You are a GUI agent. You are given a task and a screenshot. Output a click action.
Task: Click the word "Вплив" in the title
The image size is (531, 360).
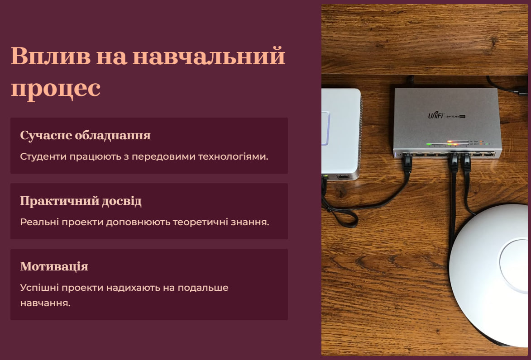(51, 56)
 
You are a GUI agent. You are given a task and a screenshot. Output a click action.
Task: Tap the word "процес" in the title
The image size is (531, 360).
(56, 89)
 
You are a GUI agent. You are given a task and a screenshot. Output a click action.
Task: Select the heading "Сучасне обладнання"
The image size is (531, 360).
(86, 135)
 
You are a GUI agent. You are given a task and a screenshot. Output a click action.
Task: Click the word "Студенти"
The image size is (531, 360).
(43, 156)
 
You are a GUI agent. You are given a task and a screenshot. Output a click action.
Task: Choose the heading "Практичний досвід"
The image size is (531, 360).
(81, 201)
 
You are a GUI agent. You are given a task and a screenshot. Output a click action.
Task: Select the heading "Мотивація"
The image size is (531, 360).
(54, 267)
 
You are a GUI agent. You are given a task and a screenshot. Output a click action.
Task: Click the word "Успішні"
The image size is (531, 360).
(39, 288)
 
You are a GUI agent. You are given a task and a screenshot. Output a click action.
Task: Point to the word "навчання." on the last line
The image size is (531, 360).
(45, 303)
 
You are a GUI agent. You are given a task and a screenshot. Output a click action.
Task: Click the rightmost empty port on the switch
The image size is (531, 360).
(488, 155)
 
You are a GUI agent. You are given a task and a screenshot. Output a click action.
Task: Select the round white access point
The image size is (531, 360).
(490, 275)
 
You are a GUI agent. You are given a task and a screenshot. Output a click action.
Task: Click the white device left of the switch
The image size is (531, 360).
(341, 134)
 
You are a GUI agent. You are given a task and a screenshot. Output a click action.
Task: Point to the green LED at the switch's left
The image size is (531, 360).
(429, 144)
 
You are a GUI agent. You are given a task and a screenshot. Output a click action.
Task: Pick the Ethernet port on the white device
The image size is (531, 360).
(343, 176)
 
